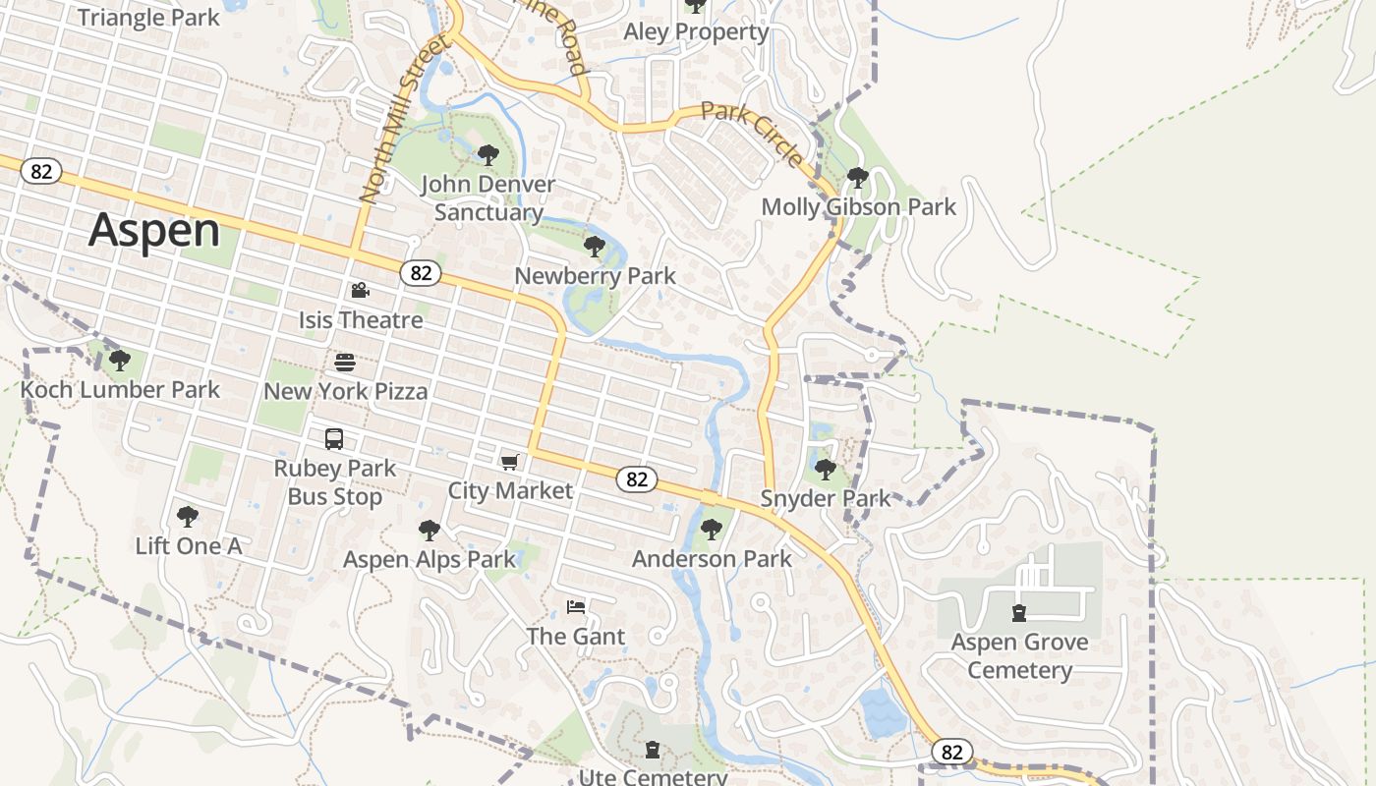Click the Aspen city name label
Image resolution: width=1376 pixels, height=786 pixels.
(154, 230)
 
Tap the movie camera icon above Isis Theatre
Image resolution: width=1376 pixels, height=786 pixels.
(360, 290)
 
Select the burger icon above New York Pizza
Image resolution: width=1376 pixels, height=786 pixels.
(344, 363)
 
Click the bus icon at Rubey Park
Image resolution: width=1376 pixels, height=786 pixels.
(334, 439)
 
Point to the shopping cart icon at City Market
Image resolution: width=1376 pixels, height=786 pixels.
(509, 462)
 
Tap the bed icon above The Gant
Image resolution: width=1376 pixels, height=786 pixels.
(576, 606)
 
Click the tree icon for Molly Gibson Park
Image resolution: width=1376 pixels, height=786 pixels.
(858, 178)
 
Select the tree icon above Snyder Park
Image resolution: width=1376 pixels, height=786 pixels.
(826, 469)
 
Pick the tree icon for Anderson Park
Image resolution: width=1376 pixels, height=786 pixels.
(712, 530)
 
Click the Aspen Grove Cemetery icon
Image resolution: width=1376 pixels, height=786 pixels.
(1019, 613)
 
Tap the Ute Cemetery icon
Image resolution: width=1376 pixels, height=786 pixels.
(652, 751)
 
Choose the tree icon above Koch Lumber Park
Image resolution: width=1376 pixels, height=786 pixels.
(120, 361)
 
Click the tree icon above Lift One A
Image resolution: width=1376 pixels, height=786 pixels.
(187, 516)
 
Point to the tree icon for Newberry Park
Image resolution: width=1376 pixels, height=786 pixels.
(594, 246)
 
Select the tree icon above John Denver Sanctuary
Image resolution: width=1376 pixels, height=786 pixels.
(487, 154)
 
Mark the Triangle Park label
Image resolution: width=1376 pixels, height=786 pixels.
(148, 17)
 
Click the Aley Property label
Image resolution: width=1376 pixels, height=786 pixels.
(696, 31)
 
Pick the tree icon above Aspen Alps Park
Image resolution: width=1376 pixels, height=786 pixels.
(429, 531)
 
